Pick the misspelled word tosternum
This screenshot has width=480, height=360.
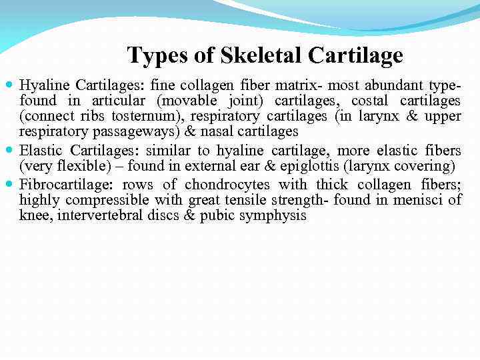152,117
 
